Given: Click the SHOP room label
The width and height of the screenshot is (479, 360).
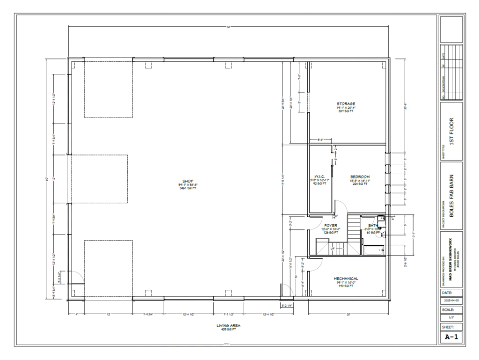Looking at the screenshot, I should click(188, 181).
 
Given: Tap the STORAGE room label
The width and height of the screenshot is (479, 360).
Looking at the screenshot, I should click(346, 104).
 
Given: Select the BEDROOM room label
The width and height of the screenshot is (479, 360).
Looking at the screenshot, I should click(360, 176).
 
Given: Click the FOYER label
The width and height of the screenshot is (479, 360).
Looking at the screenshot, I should click(331, 225).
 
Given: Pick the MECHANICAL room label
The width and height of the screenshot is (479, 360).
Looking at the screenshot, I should click(346, 278).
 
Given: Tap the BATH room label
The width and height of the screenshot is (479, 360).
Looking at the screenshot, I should click(373, 225).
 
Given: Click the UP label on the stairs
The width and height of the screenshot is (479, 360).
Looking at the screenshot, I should click(333, 249).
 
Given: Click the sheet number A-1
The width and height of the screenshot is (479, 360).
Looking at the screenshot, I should click(451, 336).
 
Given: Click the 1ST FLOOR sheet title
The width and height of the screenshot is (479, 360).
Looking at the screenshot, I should click(451, 132).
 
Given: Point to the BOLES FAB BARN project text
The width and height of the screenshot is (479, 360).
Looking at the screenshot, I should click(451, 196).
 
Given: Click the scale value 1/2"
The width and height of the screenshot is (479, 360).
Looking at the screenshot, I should click(451, 318).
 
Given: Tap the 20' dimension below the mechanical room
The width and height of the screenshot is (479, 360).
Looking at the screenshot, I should click(348, 314).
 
